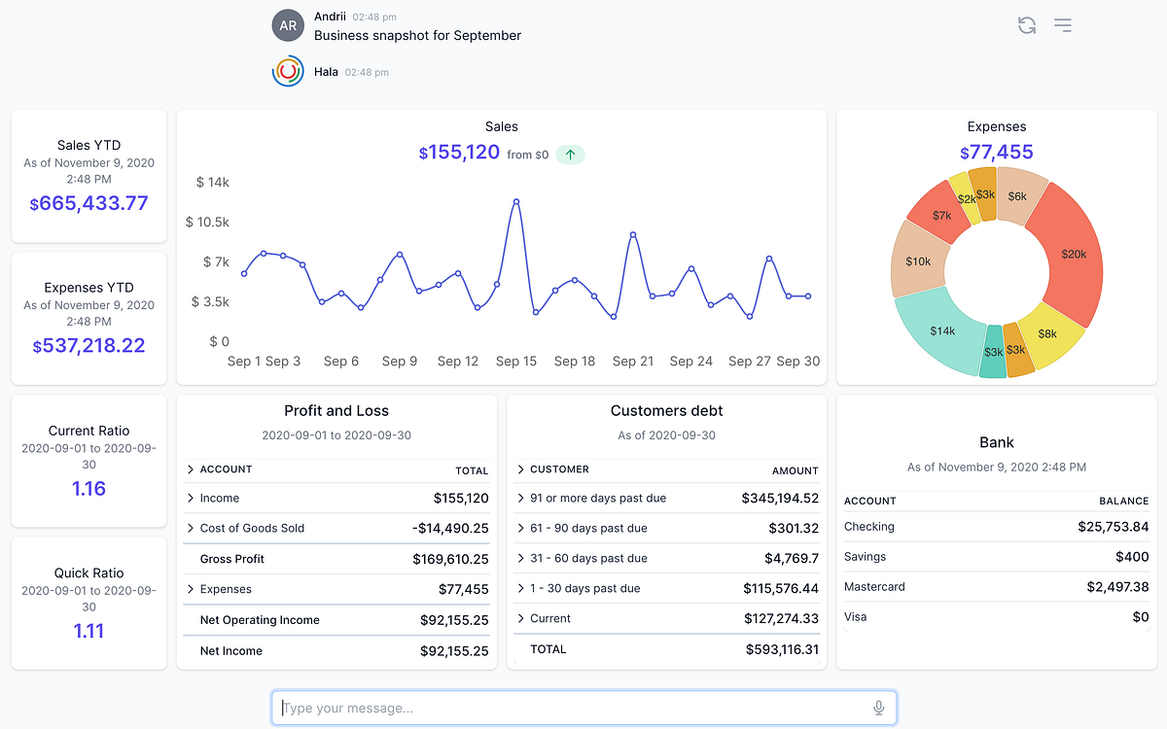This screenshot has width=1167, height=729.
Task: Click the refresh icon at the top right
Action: click(1026, 25)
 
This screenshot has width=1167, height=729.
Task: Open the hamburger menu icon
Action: click(1063, 25)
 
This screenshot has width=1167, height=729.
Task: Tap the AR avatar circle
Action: click(288, 25)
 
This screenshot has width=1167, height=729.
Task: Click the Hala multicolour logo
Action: click(288, 71)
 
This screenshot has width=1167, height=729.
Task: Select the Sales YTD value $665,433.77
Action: click(88, 203)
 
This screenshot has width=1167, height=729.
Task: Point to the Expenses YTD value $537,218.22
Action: click(88, 346)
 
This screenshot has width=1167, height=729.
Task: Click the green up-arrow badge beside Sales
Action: click(570, 155)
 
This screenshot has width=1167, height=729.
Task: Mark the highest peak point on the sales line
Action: click(515, 201)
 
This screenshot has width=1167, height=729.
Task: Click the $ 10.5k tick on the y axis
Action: click(207, 222)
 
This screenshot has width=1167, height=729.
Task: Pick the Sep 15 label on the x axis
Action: click(515, 361)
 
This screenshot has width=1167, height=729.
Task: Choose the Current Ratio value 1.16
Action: click(88, 488)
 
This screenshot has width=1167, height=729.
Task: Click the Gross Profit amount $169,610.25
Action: click(450, 559)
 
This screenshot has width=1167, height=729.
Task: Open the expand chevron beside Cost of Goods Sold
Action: click(191, 528)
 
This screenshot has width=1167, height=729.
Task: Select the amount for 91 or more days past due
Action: click(780, 498)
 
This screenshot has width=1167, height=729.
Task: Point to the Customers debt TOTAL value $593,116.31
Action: click(782, 649)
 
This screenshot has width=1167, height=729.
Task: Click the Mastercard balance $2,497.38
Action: click(1117, 587)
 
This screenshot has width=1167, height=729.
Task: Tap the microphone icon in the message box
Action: click(878, 708)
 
